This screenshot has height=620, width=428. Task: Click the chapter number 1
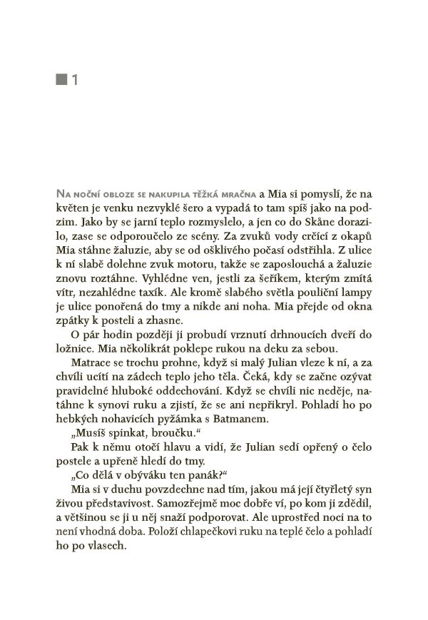click(73, 82)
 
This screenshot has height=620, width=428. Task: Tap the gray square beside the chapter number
click(61, 82)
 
